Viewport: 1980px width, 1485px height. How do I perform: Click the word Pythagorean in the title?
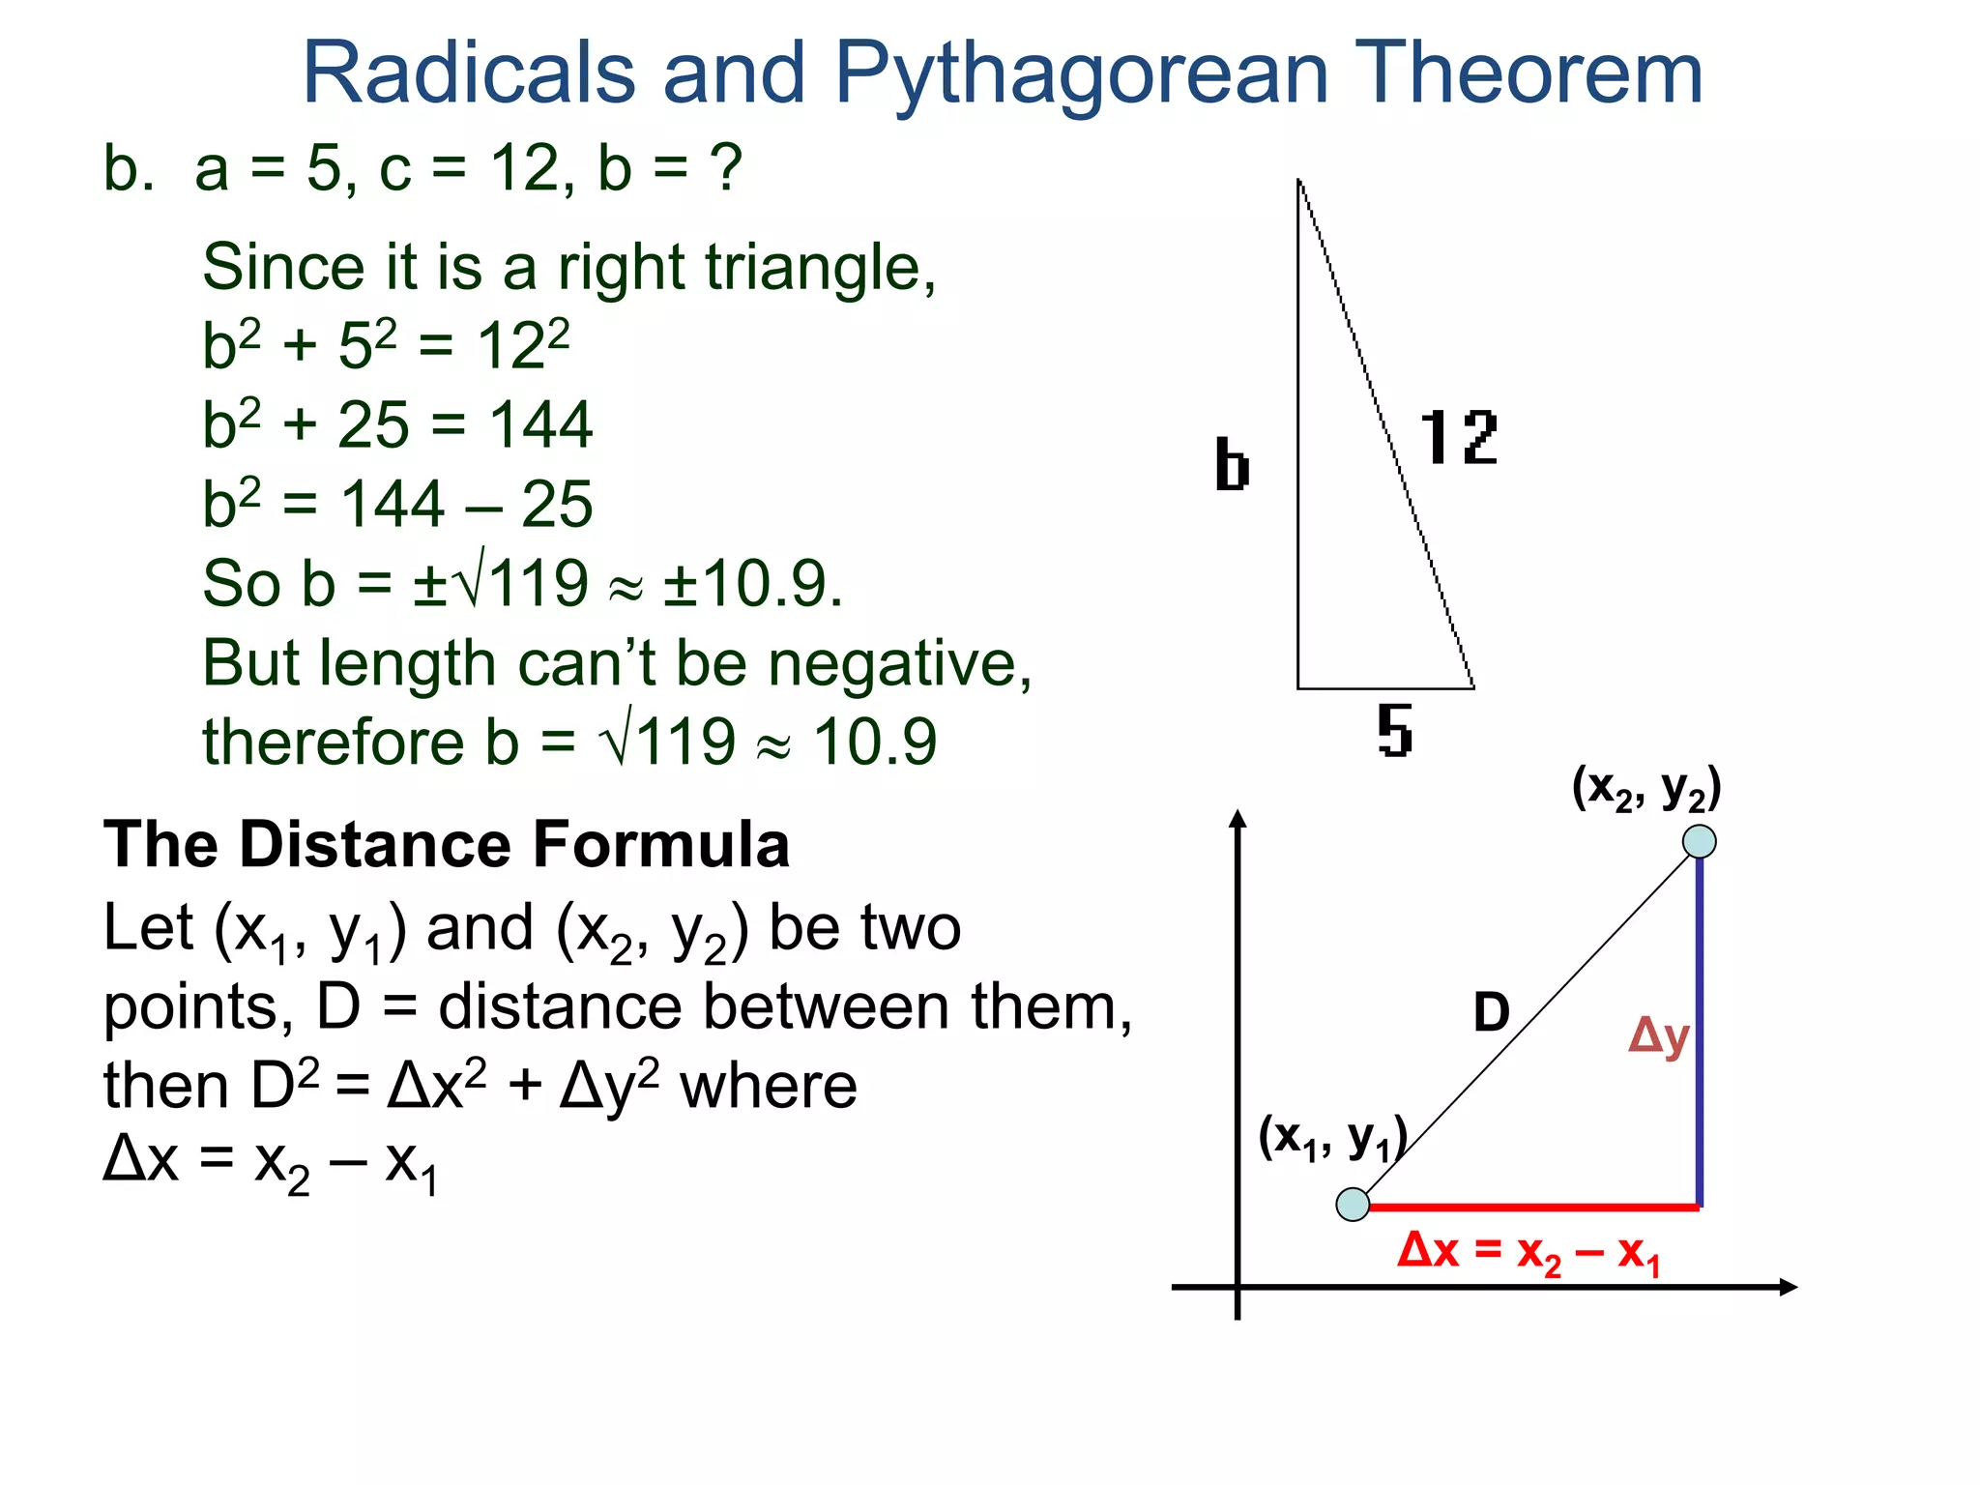(x=1081, y=75)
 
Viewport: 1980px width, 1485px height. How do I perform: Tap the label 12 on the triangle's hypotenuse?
(x=1458, y=438)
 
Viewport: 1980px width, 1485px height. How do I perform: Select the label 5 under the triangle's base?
(x=1394, y=731)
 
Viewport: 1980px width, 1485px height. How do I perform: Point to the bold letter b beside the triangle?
(x=1232, y=465)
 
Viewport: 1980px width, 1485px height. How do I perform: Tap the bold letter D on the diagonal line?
(x=1491, y=1013)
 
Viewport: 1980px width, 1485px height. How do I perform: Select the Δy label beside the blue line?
(x=1659, y=1037)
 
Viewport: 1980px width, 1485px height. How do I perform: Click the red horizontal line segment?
(x=1533, y=1207)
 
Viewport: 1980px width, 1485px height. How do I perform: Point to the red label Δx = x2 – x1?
(x=1529, y=1253)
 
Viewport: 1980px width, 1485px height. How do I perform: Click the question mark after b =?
(x=725, y=168)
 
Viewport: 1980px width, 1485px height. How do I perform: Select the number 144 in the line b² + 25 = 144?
(x=540, y=425)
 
